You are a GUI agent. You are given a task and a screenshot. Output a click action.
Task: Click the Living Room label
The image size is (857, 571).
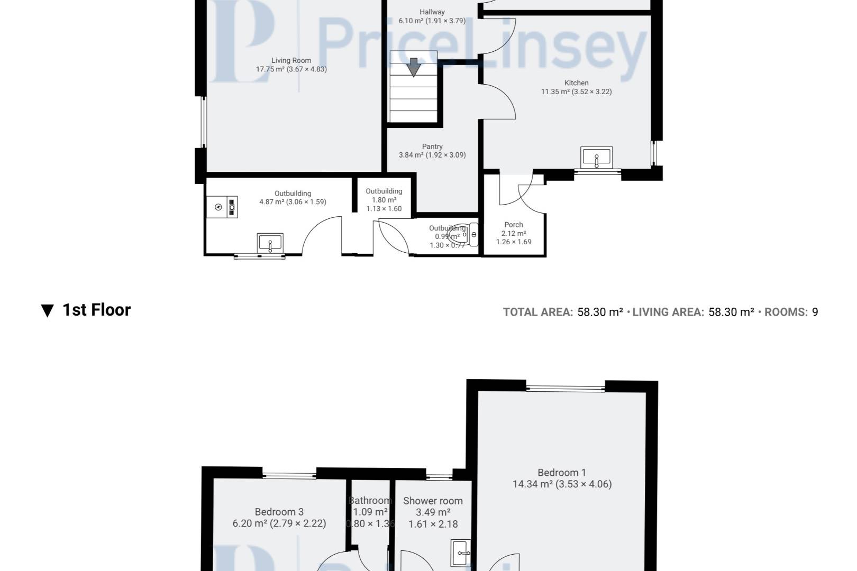[x=291, y=61]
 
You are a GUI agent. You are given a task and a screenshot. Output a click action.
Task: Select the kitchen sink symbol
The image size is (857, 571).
[x=597, y=158]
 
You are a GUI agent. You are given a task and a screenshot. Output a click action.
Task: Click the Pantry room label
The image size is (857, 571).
[x=432, y=146]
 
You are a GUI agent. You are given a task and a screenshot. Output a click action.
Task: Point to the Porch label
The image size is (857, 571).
[x=514, y=225]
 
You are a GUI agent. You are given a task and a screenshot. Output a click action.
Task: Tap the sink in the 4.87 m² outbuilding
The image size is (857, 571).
[x=270, y=244]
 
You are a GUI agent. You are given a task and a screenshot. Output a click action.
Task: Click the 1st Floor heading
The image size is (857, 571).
[x=96, y=310]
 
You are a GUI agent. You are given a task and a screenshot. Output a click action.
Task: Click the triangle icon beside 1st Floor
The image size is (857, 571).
[x=47, y=311]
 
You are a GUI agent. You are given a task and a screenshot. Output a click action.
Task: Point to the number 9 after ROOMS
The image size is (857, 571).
[x=815, y=312]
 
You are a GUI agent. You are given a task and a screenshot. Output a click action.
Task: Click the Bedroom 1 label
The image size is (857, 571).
[x=562, y=473]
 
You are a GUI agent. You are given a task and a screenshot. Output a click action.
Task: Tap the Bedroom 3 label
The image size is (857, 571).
[x=279, y=512]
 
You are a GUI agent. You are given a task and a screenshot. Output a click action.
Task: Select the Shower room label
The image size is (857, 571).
[x=433, y=501]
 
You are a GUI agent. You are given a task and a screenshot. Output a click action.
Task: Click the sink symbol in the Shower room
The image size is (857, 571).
[x=461, y=553]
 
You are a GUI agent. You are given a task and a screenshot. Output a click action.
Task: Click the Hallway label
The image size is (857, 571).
[x=432, y=12]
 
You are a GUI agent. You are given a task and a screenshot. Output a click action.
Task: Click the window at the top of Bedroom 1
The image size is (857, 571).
[x=566, y=388]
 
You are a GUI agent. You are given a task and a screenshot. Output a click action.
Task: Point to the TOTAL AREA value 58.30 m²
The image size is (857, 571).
[x=600, y=312]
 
